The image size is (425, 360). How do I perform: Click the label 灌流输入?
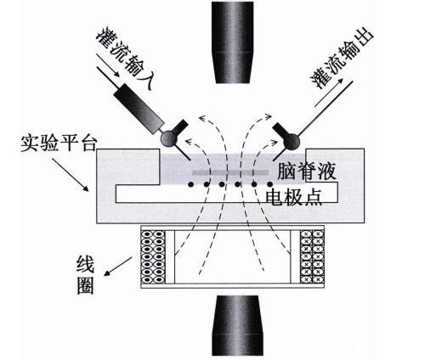[x=126, y=58]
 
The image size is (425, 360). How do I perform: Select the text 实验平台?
[x=59, y=143]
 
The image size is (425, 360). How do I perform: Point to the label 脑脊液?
[x=307, y=172]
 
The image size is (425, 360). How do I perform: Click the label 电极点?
[x=294, y=197]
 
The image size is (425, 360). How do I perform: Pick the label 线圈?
[x=85, y=275]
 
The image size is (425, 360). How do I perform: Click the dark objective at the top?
[x=232, y=42]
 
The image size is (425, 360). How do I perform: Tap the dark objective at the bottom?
[x=237, y=325]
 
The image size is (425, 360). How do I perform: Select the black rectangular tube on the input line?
[x=139, y=109]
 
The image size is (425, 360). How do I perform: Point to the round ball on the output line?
[x=291, y=141]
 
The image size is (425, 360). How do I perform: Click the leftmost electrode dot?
[x=191, y=184]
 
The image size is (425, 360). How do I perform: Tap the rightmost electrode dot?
[x=269, y=184]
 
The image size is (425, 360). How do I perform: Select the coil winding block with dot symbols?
[x=153, y=257]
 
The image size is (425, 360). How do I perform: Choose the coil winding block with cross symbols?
[x=312, y=256]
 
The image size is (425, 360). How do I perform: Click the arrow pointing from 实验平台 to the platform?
[x=70, y=175]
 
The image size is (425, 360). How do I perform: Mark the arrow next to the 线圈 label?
[x=118, y=267]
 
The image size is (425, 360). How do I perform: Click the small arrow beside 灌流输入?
[x=108, y=65]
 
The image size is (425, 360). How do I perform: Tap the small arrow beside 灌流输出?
[x=329, y=93]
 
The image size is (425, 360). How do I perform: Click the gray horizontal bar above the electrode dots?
[x=230, y=172]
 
